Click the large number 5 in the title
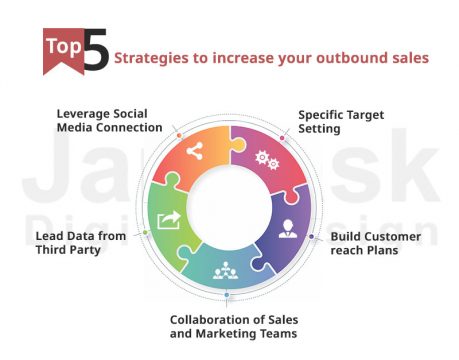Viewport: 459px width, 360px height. [x=94, y=53]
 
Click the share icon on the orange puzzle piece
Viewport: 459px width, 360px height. [x=194, y=152]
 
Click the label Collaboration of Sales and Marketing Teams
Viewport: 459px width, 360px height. [x=229, y=326]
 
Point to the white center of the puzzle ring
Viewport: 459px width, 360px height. [x=229, y=206]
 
